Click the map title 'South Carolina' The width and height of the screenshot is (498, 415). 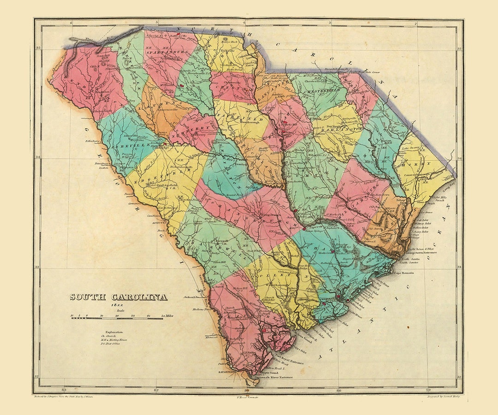(x=119, y=297)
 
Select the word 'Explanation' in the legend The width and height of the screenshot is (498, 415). (x=114, y=332)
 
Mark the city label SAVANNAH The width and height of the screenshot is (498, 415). (x=227, y=370)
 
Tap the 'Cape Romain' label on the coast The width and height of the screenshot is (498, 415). (x=403, y=273)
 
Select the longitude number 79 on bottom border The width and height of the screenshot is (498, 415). (x=428, y=390)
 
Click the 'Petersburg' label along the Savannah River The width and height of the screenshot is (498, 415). (x=104, y=163)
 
